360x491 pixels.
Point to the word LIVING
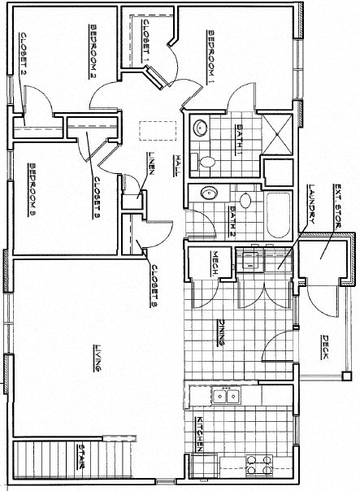tap(97, 358)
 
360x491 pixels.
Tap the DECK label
tap(324, 349)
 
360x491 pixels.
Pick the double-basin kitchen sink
tap(225, 397)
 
